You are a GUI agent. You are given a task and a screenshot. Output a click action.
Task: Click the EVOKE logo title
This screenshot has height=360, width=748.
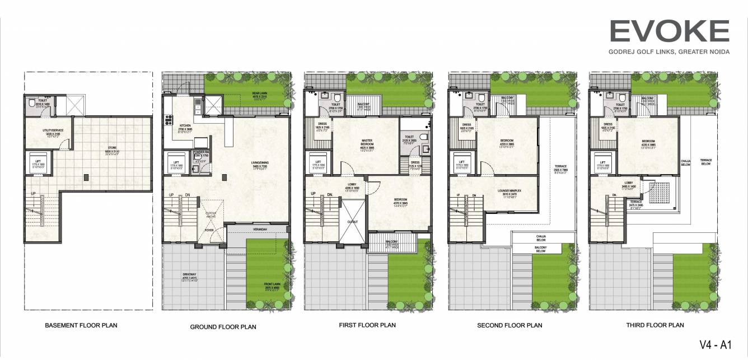pos(669,31)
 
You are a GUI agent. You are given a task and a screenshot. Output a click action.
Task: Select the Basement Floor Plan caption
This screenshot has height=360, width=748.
pos(81,325)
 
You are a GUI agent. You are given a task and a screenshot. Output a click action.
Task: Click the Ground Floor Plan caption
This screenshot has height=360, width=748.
pos(223,327)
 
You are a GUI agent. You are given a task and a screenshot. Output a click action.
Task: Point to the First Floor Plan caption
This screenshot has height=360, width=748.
pos(367,325)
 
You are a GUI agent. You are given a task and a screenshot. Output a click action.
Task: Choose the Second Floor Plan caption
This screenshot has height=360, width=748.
pos(509,325)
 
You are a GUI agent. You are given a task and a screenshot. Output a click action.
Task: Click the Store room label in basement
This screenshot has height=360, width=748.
pos(114,149)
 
